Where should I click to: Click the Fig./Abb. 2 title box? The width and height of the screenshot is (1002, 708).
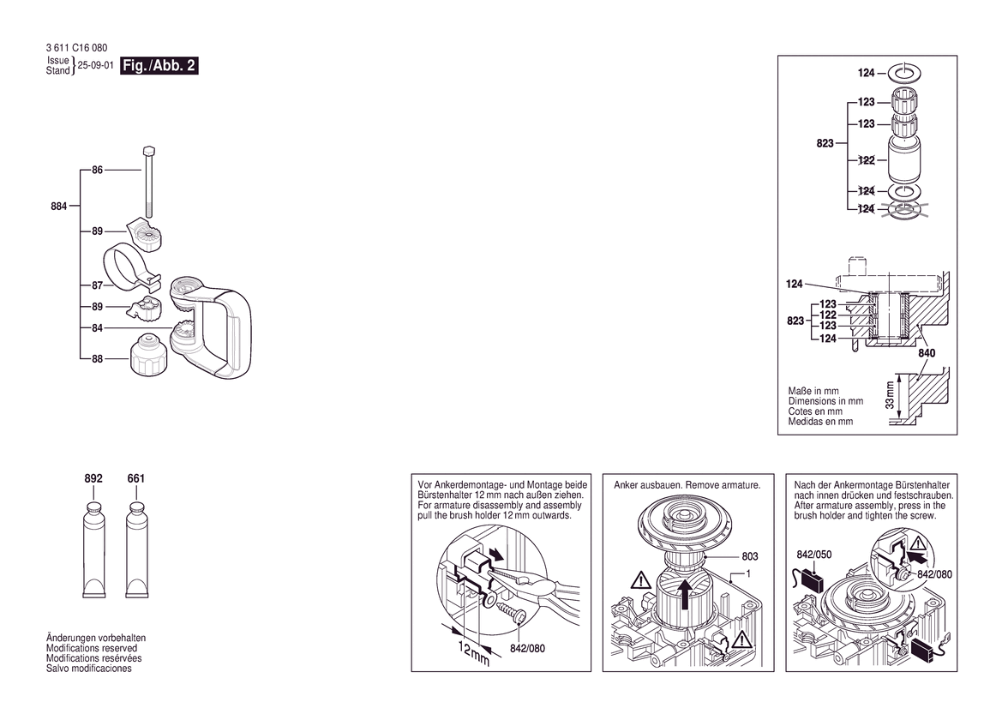click(159, 66)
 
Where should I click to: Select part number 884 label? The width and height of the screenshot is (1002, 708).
click(59, 206)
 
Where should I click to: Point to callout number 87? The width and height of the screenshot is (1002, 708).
click(98, 285)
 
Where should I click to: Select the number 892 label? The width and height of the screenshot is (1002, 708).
click(93, 479)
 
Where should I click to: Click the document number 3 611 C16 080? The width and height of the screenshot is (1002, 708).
click(77, 48)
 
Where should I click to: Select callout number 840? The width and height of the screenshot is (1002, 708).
click(926, 352)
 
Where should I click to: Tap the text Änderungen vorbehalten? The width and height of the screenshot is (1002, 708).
click(95, 639)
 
